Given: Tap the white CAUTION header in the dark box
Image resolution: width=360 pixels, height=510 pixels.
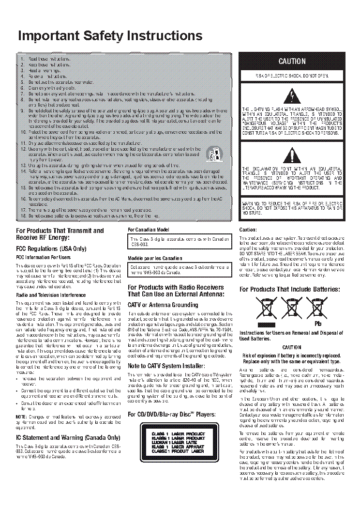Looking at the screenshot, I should click(292, 62).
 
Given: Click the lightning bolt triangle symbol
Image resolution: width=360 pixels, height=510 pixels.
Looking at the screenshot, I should click(292, 95).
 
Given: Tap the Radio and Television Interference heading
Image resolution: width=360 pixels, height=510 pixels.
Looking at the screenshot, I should click(51, 295).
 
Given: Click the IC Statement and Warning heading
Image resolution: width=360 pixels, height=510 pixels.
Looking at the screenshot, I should click(68, 437).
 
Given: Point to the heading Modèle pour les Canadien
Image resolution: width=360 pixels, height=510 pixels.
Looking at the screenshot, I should click(155, 258).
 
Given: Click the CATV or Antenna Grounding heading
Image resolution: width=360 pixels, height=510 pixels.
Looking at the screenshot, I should click(163, 305).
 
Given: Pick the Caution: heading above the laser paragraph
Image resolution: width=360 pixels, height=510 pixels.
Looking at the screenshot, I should click(248, 230).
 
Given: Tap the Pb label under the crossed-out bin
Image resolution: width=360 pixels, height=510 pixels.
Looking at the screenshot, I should click(318, 323).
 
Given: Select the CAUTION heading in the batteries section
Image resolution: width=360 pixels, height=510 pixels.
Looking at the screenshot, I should click(291, 348).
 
